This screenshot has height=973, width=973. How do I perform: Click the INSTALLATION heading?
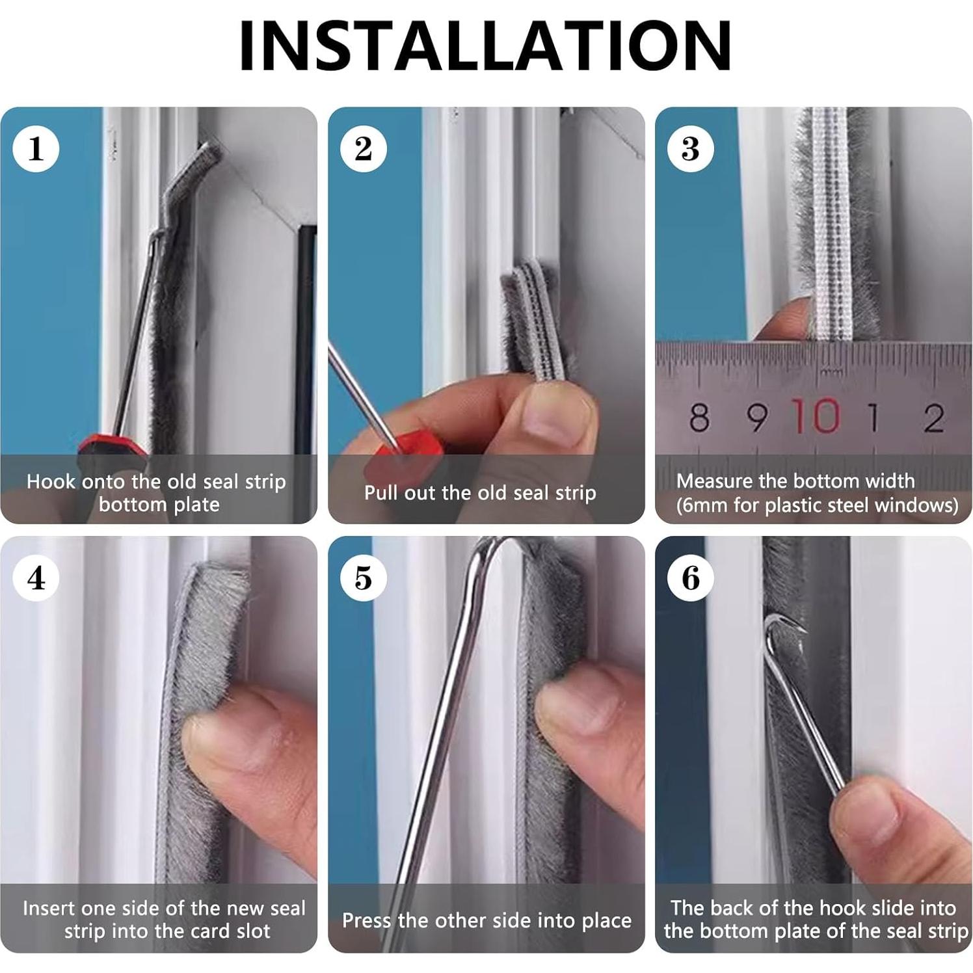pyautogui.click(x=486, y=46)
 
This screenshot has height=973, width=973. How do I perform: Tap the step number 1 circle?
pyautogui.click(x=36, y=149)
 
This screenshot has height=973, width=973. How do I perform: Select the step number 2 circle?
pyautogui.click(x=364, y=149)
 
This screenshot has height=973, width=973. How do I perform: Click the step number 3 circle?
pyautogui.click(x=691, y=149)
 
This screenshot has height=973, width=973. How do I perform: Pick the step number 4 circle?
pyautogui.click(x=36, y=578)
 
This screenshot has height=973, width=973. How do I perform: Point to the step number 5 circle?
pyautogui.click(x=364, y=578)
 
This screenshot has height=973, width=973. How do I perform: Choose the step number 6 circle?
pyautogui.click(x=691, y=578)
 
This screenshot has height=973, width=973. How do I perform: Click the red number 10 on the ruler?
pyautogui.click(x=816, y=416)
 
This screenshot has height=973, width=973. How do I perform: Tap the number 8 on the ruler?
pyautogui.click(x=699, y=418)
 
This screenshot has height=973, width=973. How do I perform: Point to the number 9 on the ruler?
pyautogui.click(x=756, y=418)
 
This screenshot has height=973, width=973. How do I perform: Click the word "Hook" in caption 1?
pyautogui.click(x=51, y=482)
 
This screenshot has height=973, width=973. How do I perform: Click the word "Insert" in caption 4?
pyautogui.click(x=49, y=908)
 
